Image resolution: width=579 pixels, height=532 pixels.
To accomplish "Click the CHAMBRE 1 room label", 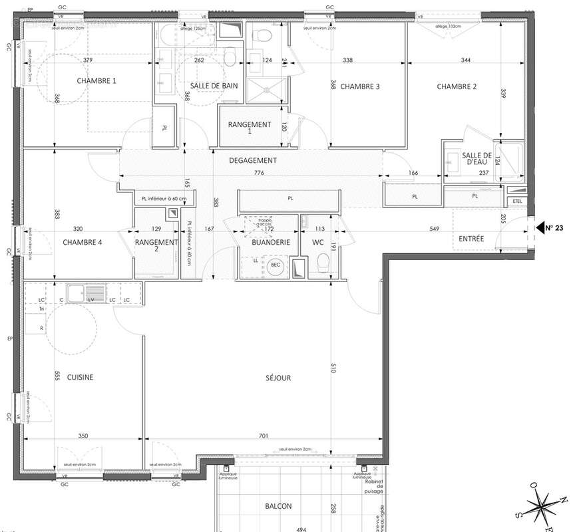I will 96,81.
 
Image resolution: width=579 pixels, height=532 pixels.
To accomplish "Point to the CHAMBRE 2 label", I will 457,86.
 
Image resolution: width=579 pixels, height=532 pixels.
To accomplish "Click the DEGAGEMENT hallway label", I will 253,160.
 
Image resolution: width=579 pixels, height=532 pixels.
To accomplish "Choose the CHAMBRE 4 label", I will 83,243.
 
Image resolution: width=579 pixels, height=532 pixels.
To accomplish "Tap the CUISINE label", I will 79,378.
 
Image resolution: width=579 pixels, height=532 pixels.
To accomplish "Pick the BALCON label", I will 278,507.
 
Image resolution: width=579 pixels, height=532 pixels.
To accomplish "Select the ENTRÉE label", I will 472,239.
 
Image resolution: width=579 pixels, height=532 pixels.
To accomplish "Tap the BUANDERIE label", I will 271,243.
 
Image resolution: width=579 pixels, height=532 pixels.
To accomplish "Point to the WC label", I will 317,243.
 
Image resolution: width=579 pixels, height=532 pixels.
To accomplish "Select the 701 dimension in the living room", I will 264,436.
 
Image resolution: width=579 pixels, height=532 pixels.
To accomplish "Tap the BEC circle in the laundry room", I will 276,265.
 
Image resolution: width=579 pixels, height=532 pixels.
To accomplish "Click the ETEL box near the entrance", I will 517,201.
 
